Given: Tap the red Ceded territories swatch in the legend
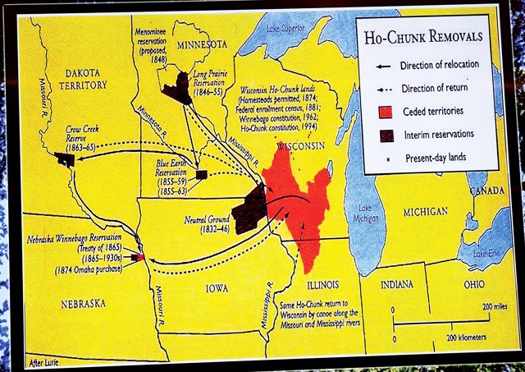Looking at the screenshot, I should (x=383, y=111).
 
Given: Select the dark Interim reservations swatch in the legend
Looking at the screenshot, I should (x=383, y=134).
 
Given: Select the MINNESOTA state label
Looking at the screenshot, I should (x=203, y=44).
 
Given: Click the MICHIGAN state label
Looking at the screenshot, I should (x=424, y=212).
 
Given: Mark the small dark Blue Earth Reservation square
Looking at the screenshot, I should (x=202, y=175).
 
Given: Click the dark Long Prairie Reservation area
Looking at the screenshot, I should (x=177, y=87).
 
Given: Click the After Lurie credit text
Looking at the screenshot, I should (x=45, y=361).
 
